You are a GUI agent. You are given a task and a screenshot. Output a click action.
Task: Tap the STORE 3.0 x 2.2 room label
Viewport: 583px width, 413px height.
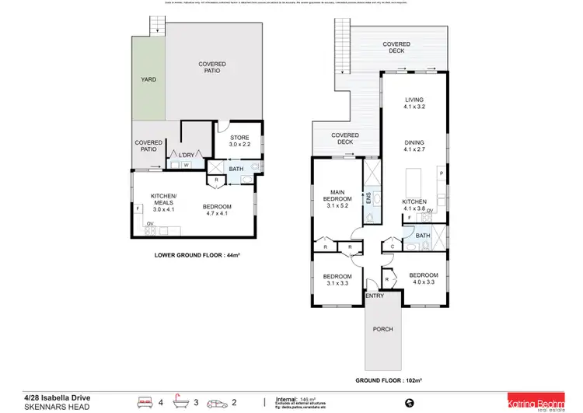click(x=239, y=142)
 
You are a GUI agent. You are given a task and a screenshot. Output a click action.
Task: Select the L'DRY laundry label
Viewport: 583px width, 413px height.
click(x=186, y=156)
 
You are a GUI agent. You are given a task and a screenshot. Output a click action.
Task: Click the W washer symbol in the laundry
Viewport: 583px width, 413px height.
click(x=186, y=165)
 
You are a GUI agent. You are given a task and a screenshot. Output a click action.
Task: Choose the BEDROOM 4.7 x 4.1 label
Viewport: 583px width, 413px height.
click(x=218, y=210)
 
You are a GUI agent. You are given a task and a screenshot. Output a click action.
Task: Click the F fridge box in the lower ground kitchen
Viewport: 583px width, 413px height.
click(x=137, y=208)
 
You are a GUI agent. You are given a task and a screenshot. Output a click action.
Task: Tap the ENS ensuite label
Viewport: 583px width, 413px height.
click(x=368, y=198)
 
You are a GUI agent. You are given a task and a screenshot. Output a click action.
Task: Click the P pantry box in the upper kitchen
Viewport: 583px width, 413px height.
click(x=441, y=173)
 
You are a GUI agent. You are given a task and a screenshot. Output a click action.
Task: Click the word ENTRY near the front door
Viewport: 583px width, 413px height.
click(x=375, y=296)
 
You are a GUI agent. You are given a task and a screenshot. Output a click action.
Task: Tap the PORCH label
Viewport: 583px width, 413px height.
click(x=382, y=329)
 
